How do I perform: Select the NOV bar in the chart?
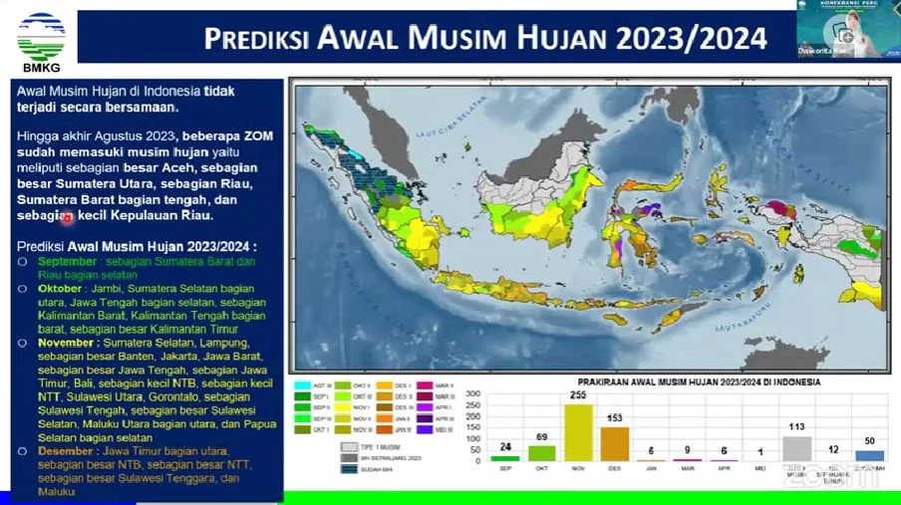578,432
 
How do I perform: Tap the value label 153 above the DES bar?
614,418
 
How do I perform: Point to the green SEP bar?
505,457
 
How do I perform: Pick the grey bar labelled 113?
796,447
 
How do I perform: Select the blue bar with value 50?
869,454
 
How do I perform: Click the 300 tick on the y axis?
472,393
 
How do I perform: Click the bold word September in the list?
68,261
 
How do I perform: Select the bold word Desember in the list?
67,450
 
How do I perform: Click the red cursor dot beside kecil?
68,217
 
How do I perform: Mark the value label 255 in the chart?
578,394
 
